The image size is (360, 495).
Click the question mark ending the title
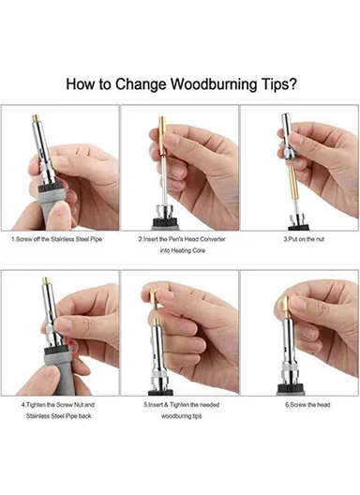click(295, 83)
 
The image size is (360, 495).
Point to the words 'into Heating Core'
click(180, 251)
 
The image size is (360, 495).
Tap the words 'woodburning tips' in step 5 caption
click(180, 415)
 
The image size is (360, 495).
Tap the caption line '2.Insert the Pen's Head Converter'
click(180, 239)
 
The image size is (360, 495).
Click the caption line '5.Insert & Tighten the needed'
click(180, 404)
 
